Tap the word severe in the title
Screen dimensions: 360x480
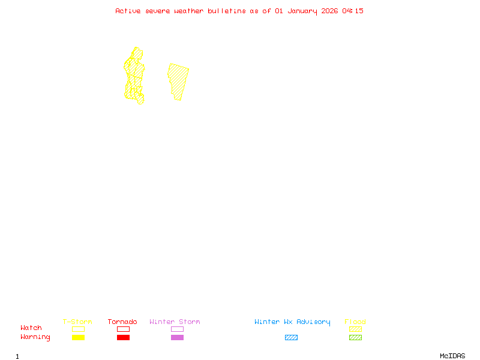[158, 11]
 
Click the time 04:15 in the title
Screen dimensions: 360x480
[353, 11]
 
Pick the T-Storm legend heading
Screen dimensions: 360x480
[77, 322]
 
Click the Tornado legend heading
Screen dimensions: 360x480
[122, 322]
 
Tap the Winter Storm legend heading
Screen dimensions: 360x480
[175, 322]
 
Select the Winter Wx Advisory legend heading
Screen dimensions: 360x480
[292, 322]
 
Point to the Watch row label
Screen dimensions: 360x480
[31, 328]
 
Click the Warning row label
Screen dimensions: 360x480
[35, 337]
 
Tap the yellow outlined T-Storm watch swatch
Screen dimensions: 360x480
[78, 329]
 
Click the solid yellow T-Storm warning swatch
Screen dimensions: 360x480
[78, 338]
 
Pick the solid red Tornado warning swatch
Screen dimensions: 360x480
[123, 338]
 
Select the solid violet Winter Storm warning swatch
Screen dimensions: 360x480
[177, 338]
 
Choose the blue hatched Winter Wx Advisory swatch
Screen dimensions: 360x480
[291, 338]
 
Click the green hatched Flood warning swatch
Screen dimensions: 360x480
[355, 338]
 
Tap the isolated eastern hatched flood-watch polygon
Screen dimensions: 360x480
[178, 80]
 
